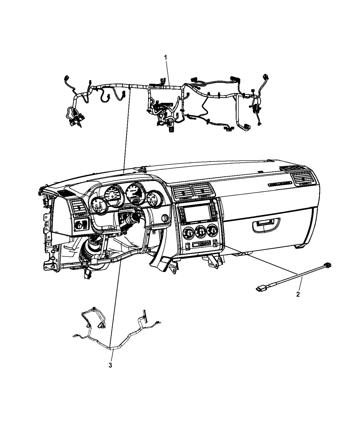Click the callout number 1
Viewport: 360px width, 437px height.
[x=166, y=57]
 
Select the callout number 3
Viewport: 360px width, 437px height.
[x=110, y=365]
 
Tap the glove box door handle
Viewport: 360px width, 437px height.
[x=266, y=225]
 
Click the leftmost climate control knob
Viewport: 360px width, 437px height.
[x=189, y=232]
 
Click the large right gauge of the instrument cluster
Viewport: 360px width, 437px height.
[x=135, y=193]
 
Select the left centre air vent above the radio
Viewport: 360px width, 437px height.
[x=183, y=192]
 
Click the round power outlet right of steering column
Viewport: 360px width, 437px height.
[x=165, y=218]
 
